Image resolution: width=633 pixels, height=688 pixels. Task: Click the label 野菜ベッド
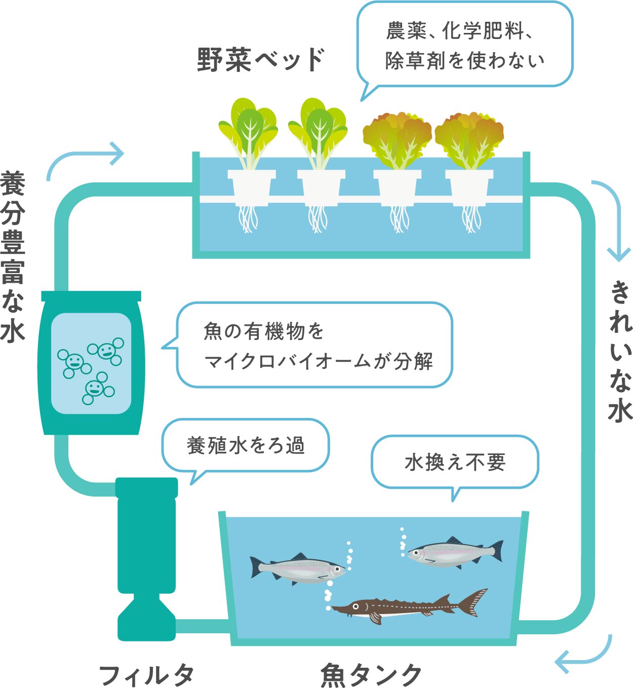260,60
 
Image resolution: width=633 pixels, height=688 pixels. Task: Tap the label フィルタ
146,675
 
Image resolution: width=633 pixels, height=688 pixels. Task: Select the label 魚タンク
371,675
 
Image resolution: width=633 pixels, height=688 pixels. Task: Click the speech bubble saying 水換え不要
455,462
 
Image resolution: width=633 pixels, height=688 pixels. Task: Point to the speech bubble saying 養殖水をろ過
246,445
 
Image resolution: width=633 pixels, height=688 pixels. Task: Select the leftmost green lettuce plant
249,131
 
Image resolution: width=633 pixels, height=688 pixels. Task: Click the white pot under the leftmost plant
251,187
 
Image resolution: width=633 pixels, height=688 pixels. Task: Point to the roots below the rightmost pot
471,219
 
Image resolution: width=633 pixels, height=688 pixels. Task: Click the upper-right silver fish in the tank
453,552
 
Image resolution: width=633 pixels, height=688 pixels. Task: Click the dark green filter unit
147,557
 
